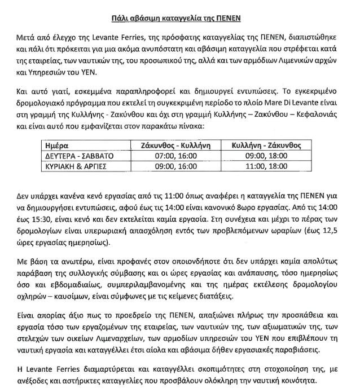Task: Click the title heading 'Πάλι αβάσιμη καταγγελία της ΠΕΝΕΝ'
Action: (179, 17)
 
